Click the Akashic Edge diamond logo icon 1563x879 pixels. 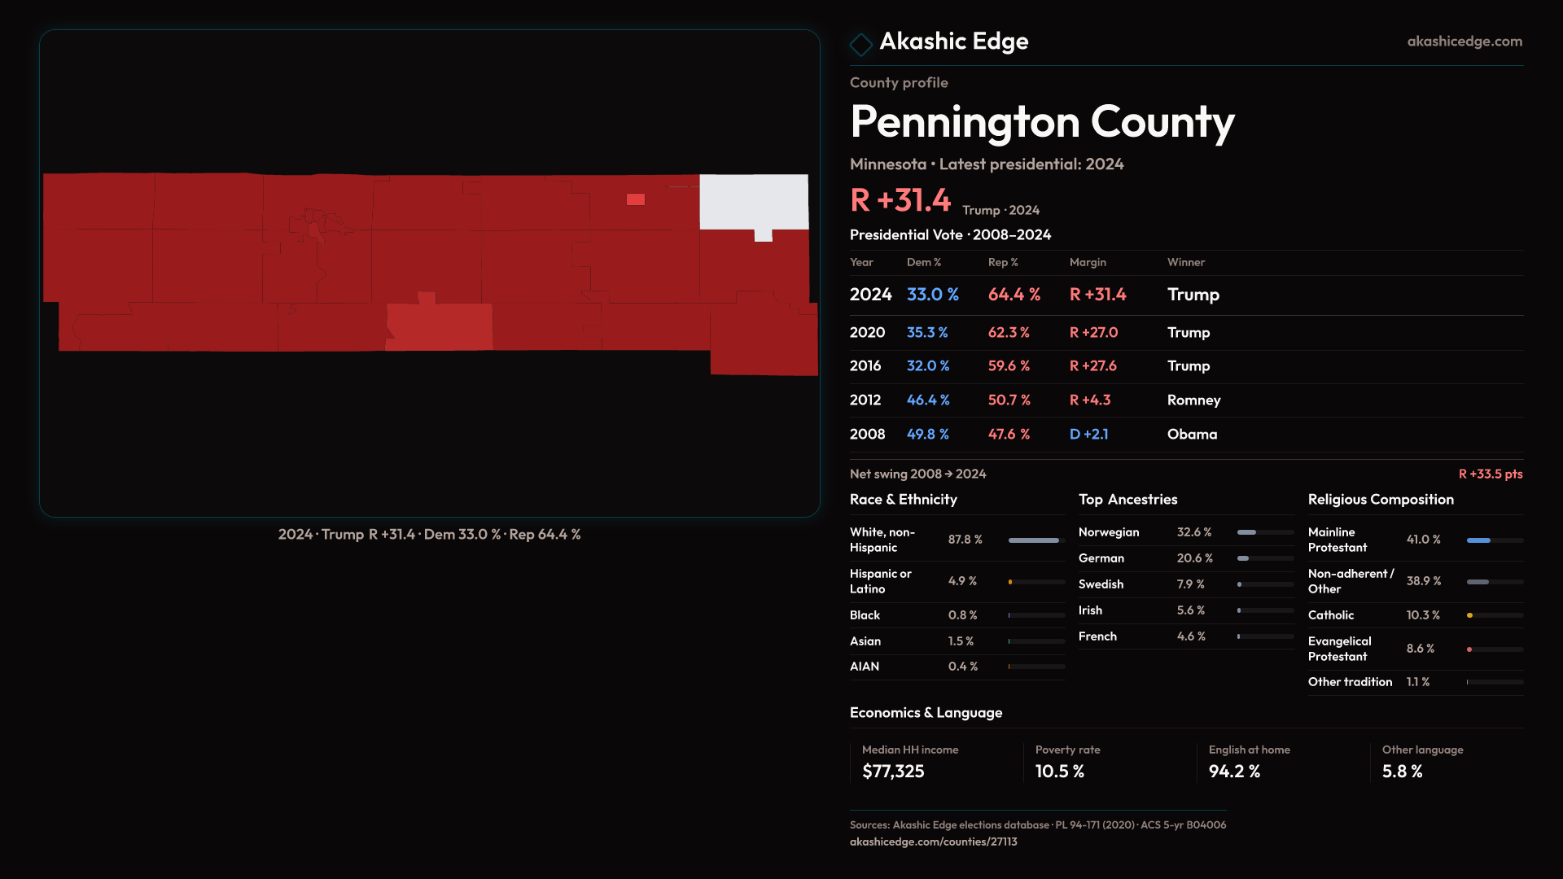pyautogui.click(x=860, y=44)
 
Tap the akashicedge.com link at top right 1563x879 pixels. pyautogui.click(x=1464, y=42)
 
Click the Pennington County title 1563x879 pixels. pyautogui.click(x=1041, y=122)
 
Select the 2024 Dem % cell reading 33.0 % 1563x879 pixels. pyautogui.click(x=932, y=295)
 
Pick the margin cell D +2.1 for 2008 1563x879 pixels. pyautogui.click(x=1088, y=435)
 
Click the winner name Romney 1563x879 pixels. pyautogui.click(x=1193, y=400)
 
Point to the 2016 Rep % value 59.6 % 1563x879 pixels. pyautogui.click(x=1009, y=366)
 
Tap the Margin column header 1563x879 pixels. pyautogui.click(x=1088, y=262)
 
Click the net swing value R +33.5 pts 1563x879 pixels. pyautogui.click(x=1490, y=474)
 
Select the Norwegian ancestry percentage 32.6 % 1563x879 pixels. pyautogui.click(x=1193, y=532)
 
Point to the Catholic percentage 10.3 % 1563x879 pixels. pyautogui.click(x=1422, y=615)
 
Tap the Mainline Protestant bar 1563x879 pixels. pyautogui.click(x=1494, y=540)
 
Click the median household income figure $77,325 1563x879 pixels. pyautogui.click(x=893, y=772)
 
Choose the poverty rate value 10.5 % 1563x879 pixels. pyautogui.click(x=1059, y=772)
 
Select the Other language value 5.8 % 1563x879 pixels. pyautogui.click(x=1402, y=772)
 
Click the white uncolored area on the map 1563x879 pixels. pyautogui.click(x=753, y=201)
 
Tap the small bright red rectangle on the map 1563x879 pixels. pyautogui.click(x=636, y=199)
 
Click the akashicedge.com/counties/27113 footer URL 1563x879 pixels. pyautogui.click(x=933, y=842)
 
